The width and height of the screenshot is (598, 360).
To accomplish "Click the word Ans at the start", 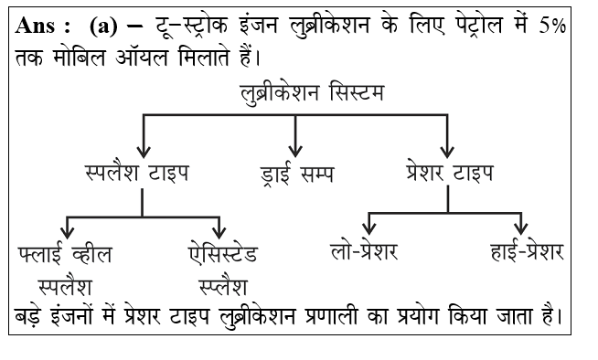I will click(x=36, y=26).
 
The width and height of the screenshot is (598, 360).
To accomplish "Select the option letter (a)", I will click(x=103, y=26).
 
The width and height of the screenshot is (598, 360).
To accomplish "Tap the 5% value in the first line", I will click(x=551, y=26).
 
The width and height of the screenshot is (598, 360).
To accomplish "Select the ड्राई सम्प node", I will click(x=295, y=172).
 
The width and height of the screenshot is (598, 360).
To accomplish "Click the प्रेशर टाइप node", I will click(x=448, y=172).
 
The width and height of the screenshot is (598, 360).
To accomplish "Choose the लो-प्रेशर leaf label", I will click(x=366, y=251).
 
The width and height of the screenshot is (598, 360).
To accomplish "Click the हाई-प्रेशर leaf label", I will click(x=523, y=251).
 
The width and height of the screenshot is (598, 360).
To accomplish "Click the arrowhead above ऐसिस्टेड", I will click(x=219, y=229).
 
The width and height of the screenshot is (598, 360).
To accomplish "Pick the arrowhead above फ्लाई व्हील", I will click(x=67, y=229).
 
